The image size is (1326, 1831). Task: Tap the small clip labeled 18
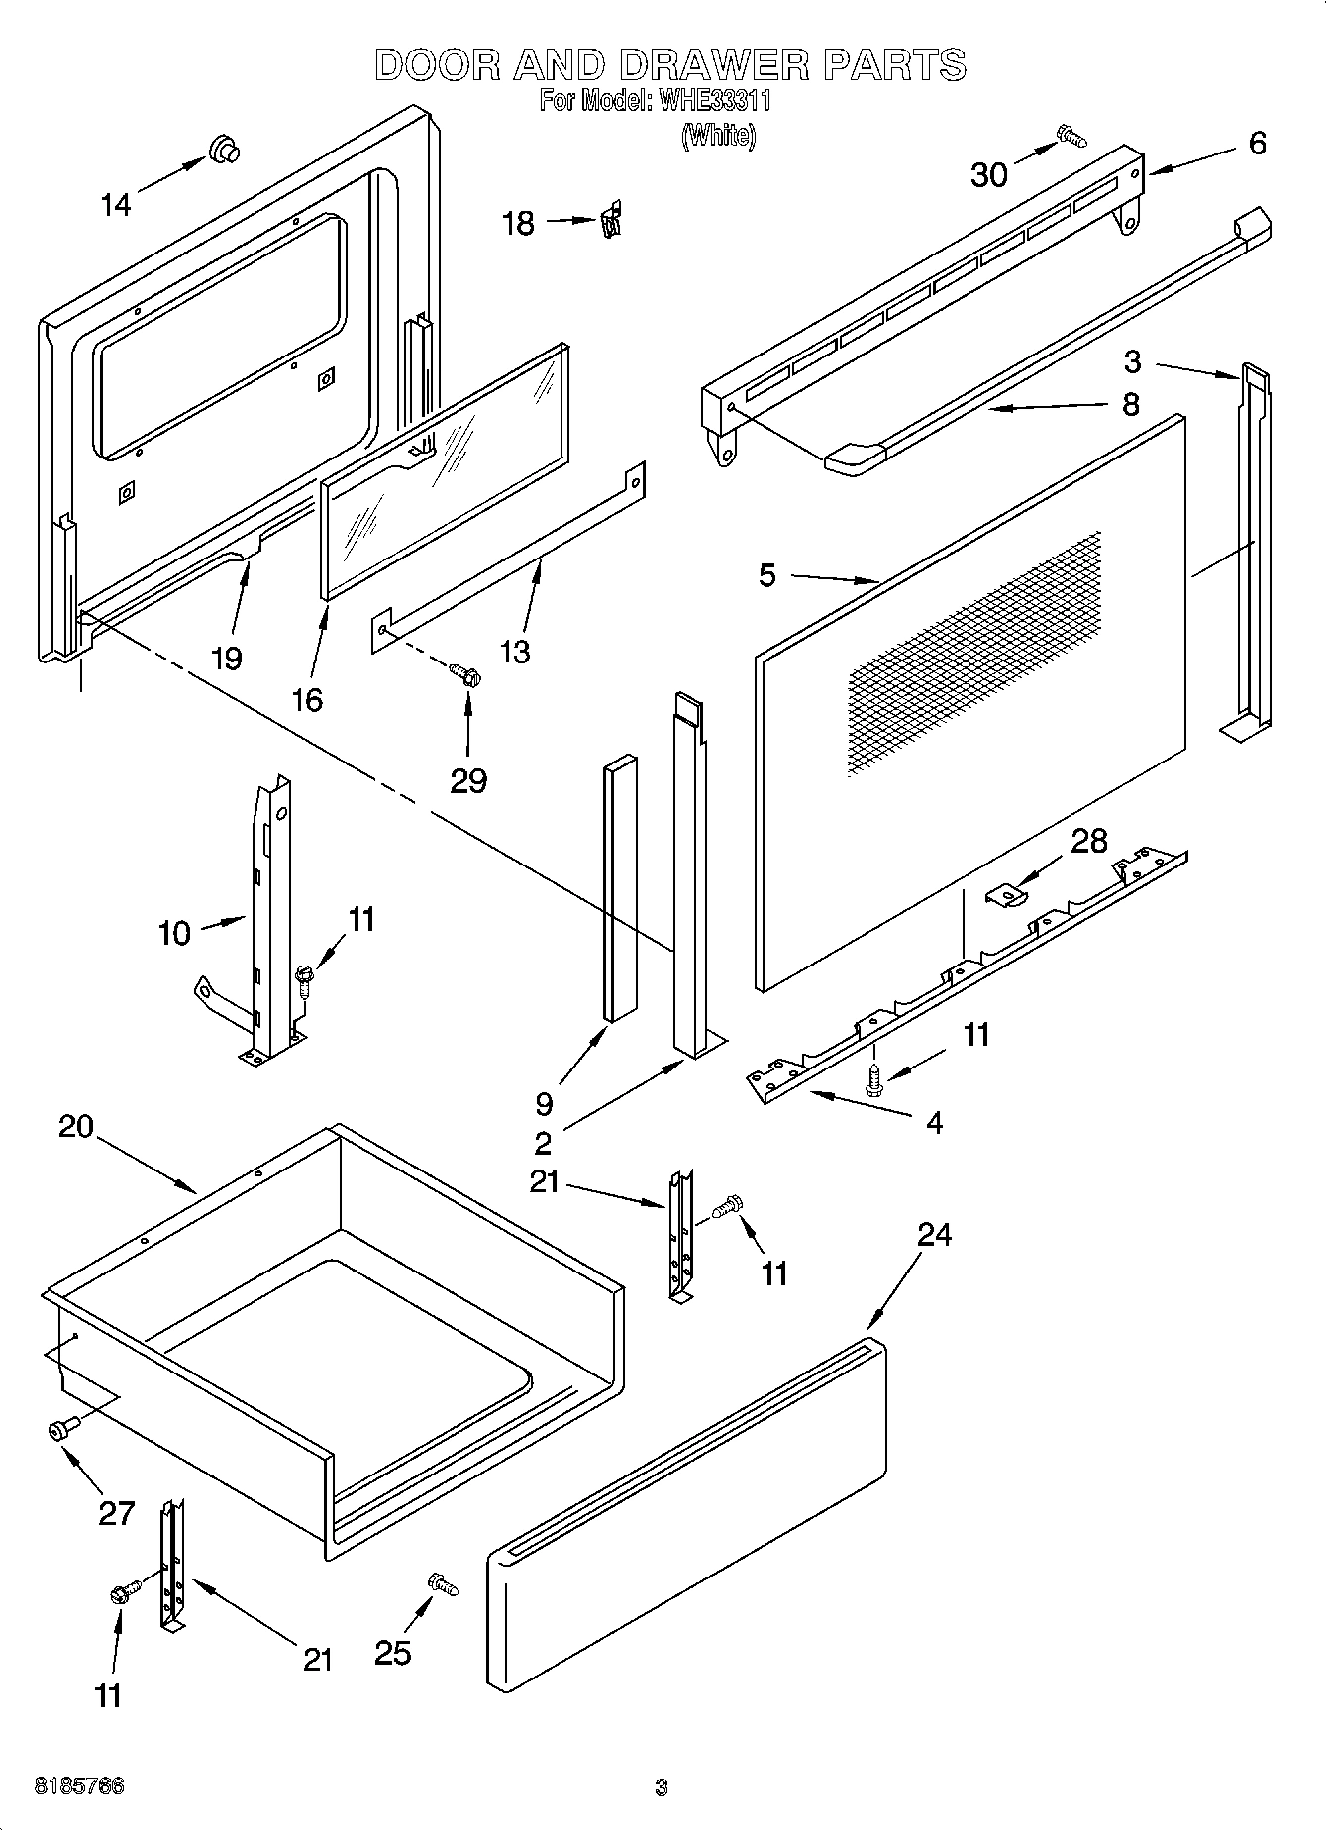[x=612, y=220]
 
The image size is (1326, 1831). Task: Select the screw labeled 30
[x=1071, y=136]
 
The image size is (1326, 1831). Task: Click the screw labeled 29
[x=465, y=675]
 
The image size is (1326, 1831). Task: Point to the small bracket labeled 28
[x=1007, y=894]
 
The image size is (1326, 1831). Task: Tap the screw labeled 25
[x=441, y=1583]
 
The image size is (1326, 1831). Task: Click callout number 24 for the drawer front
[x=933, y=1234]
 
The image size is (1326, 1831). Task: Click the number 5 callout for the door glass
[x=767, y=575]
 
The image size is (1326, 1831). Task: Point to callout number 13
[x=515, y=651]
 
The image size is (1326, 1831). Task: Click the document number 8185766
[x=79, y=1787]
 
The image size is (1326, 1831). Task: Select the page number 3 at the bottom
[x=661, y=1788]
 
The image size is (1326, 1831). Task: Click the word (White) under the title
[x=718, y=135]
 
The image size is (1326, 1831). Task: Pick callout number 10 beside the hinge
[x=174, y=933]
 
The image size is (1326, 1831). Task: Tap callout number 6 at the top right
[x=1256, y=144]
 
